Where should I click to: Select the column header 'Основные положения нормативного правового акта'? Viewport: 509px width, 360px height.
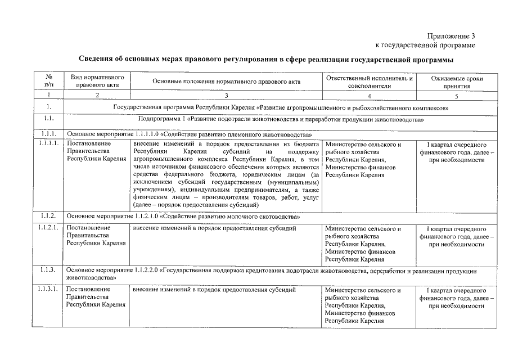(x=227, y=82)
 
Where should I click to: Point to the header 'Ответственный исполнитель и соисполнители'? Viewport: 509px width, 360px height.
(x=370, y=82)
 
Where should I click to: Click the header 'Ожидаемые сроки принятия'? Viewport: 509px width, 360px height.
(x=457, y=82)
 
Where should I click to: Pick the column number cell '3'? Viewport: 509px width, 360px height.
(x=227, y=96)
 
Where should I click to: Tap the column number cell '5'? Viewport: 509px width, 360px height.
(x=457, y=96)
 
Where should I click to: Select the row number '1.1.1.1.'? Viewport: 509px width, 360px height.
(x=49, y=145)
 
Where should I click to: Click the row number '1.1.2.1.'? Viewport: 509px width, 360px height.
(x=49, y=229)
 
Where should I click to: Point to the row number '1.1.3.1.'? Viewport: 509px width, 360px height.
(x=49, y=290)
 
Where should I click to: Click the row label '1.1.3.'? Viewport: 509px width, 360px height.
(x=48, y=271)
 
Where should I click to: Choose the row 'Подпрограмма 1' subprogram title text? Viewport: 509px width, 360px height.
(x=281, y=120)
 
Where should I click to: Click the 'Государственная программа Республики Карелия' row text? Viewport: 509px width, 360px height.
(x=281, y=107)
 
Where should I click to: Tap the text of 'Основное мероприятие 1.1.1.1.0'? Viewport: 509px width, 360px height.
(x=190, y=135)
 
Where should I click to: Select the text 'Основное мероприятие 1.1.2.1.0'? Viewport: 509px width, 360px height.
(x=183, y=217)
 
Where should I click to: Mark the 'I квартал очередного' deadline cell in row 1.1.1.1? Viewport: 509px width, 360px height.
(x=457, y=152)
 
